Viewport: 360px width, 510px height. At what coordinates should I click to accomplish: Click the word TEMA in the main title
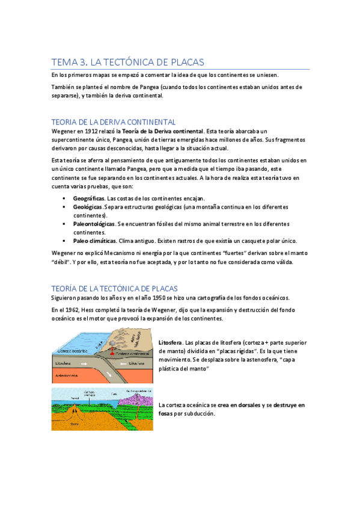click(61, 62)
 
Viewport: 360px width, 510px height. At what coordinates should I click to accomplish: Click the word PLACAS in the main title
click(187, 62)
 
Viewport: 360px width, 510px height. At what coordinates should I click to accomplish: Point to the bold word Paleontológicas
click(94, 224)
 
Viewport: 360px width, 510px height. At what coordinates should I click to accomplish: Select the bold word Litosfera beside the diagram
click(172, 342)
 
